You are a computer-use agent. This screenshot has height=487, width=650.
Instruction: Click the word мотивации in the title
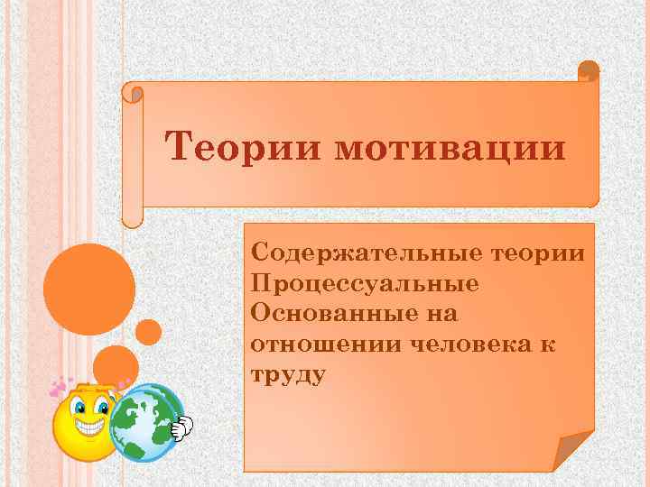[x=449, y=146]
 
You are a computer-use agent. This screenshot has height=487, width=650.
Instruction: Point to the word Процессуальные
[x=365, y=283]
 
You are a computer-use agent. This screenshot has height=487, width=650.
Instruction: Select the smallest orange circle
[x=149, y=332]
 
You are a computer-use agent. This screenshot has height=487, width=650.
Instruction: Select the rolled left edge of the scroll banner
[x=133, y=153]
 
